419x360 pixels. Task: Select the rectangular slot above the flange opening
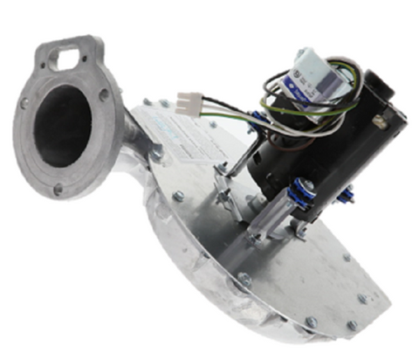(73, 60)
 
